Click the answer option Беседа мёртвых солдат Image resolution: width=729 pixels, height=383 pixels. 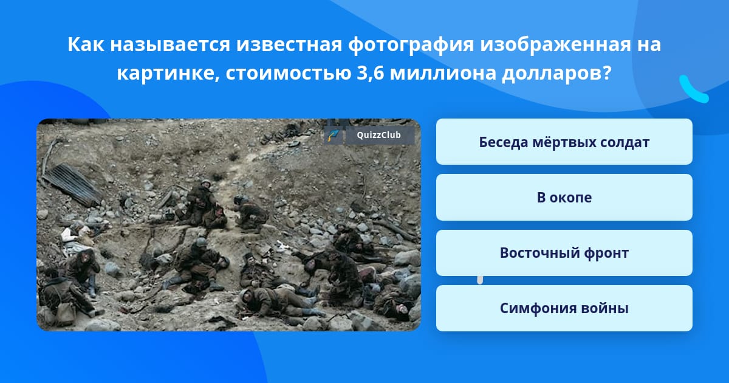tap(564, 142)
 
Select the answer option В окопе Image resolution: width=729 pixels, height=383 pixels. tap(564, 198)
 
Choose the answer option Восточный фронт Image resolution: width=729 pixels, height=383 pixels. tap(564, 253)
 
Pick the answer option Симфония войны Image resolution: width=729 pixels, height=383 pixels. tap(564, 308)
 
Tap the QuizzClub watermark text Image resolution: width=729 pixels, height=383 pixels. tap(378, 135)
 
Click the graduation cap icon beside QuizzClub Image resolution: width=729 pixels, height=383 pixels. tap(334, 135)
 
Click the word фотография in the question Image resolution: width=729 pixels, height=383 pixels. tap(411, 44)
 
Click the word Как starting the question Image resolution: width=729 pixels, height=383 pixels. tap(86, 44)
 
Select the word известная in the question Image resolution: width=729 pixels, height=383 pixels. tap(289, 45)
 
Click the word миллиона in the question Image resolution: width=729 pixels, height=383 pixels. tap(442, 74)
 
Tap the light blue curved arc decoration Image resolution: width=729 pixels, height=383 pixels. tap(693, 90)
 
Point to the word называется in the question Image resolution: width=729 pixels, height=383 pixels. tap(170, 45)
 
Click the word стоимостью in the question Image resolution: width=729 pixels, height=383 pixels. tap(288, 74)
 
